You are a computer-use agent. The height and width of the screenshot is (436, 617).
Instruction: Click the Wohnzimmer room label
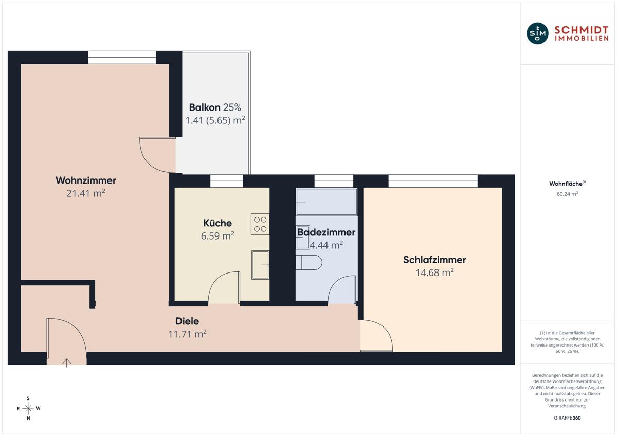(86, 180)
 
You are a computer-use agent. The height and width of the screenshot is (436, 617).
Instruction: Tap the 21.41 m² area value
(86, 193)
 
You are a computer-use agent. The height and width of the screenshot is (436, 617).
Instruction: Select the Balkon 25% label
(215, 107)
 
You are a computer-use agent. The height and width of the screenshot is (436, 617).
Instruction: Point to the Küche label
(217, 223)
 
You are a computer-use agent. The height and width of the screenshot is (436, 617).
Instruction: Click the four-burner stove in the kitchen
(260, 224)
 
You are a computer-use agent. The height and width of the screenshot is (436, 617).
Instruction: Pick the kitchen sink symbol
(260, 265)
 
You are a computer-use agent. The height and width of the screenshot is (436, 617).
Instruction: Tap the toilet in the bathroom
(309, 263)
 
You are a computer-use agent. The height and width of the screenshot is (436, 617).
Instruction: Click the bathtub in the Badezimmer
(326, 202)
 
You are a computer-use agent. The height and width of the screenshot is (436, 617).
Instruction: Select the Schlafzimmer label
(434, 260)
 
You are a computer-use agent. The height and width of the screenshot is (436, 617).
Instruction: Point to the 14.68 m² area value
(434, 272)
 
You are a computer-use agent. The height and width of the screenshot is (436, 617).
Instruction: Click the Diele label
(187, 321)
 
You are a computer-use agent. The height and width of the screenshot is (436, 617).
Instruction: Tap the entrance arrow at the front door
(67, 363)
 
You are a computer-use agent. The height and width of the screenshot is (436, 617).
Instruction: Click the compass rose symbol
(28, 408)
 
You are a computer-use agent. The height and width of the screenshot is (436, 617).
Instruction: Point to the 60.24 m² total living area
(567, 194)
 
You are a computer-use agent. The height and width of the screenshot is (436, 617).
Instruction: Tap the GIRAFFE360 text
(567, 418)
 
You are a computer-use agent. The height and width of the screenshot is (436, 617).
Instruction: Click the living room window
(122, 58)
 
